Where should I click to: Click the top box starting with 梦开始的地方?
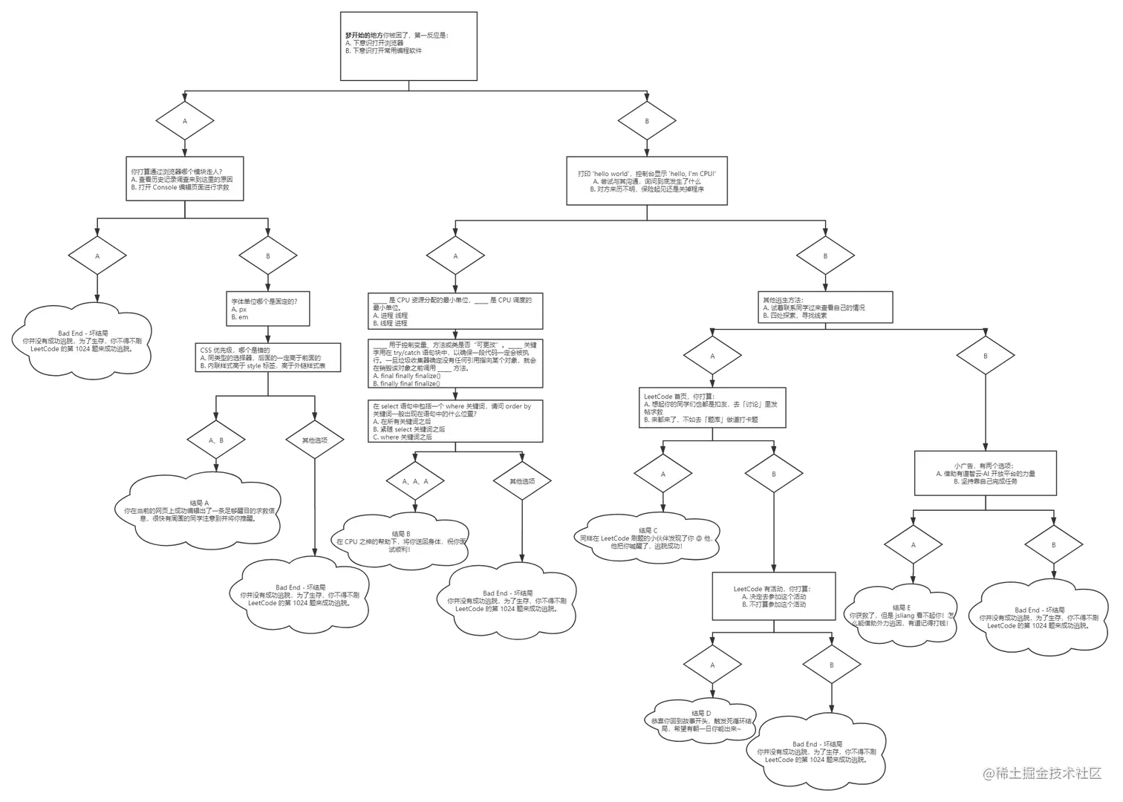click(x=408, y=46)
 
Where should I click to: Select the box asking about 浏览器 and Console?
click(x=184, y=179)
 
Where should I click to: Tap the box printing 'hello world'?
click(x=647, y=180)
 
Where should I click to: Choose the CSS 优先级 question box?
click(x=269, y=358)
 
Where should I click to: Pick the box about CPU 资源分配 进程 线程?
click(x=456, y=310)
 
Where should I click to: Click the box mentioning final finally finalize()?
click(x=456, y=364)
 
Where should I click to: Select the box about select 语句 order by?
click(x=456, y=421)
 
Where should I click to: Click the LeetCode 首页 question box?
click(x=712, y=408)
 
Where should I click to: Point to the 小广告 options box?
click(x=985, y=473)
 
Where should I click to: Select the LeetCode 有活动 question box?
click(x=774, y=596)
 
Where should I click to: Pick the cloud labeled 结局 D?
click(x=701, y=721)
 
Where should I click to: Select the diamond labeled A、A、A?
click(x=415, y=481)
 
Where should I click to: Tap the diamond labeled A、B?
click(x=216, y=440)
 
